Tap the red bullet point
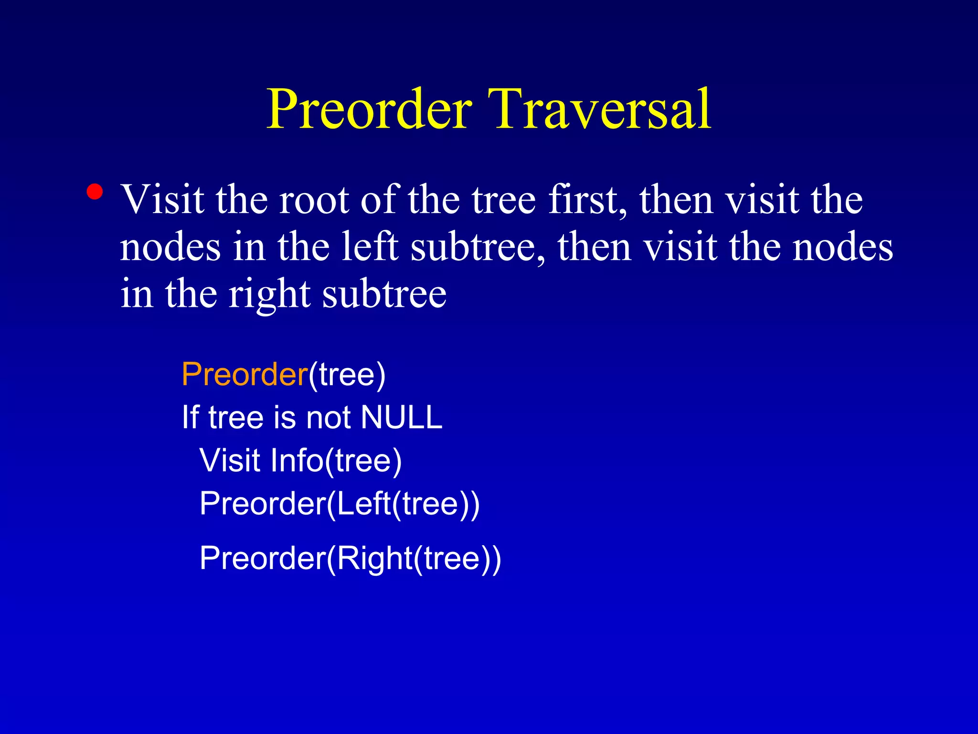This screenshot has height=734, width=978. (x=95, y=192)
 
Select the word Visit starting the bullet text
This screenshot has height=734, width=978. (x=162, y=200)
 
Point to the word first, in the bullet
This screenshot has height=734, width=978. (x=587, y=200)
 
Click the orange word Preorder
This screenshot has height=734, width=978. (x=244, y=374)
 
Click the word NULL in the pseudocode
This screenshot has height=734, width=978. (x=401, y=417)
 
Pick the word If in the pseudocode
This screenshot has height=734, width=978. (x=190, y=417)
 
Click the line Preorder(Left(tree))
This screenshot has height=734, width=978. (x=339, y=504)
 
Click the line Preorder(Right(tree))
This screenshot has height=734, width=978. (x=350, y=558)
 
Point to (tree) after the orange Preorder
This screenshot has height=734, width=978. (x=347, y=374)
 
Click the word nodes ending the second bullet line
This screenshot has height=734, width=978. (x=842, y=248)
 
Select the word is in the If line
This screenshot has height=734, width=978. (x=285, y=417)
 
